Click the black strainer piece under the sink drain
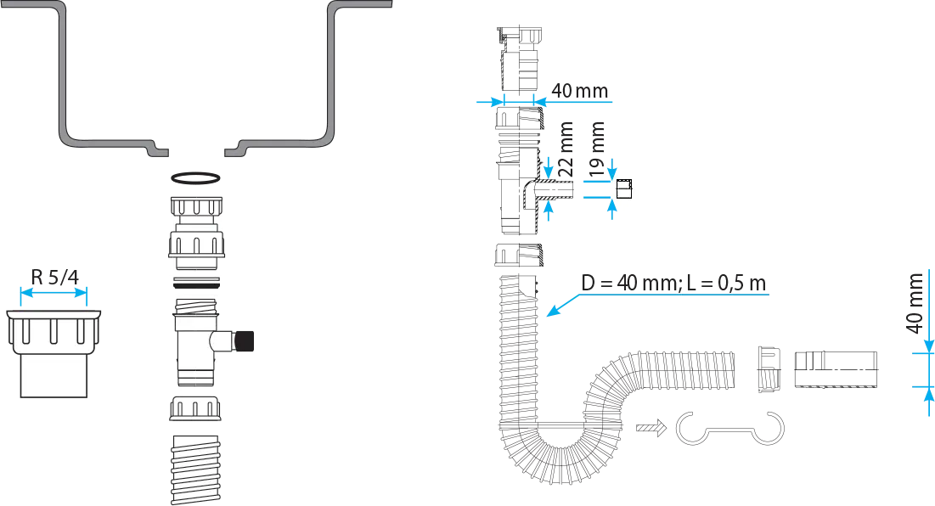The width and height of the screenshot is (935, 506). tap(197, 191)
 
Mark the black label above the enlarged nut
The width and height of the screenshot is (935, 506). tap(54, 274)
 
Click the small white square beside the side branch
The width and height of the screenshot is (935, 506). tap(623, 188)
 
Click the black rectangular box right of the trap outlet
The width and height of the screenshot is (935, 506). tap(836, 369)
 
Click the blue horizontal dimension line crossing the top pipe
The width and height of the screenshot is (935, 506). tap(544, 100)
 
